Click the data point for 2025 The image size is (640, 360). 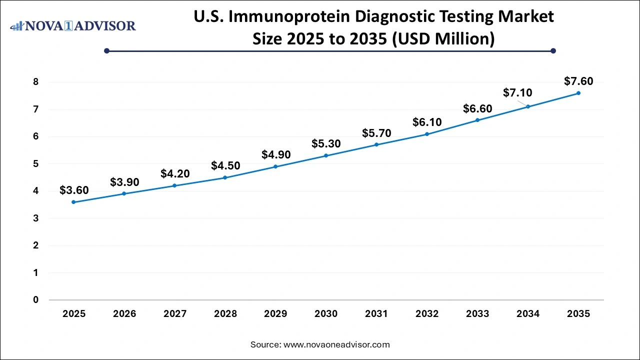tap(74, 202)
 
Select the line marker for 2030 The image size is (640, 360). tap(326, 155)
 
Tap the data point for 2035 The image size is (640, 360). tap(578, 93)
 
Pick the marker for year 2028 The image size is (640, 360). tap(225, 177)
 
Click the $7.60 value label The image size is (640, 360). tap(578, 80)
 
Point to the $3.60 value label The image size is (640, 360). tap(74, 190)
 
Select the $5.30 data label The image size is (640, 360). tap(326, 144)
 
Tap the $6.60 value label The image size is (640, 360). tap(477, 108)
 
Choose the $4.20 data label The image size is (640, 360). tap(175, 173)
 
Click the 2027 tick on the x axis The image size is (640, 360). tap(175, 314)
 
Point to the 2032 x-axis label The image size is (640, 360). tap(427, 314)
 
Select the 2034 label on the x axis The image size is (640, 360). tap(528, 314)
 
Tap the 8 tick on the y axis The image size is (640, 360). tap(35, 82)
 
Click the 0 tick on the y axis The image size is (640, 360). tap(35, 300)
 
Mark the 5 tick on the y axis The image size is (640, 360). tap(35, 164)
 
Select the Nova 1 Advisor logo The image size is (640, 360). tap(73, 25)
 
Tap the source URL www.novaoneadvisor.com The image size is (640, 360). tap(336, 344)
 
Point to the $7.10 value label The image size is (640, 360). tap(517, 92)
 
